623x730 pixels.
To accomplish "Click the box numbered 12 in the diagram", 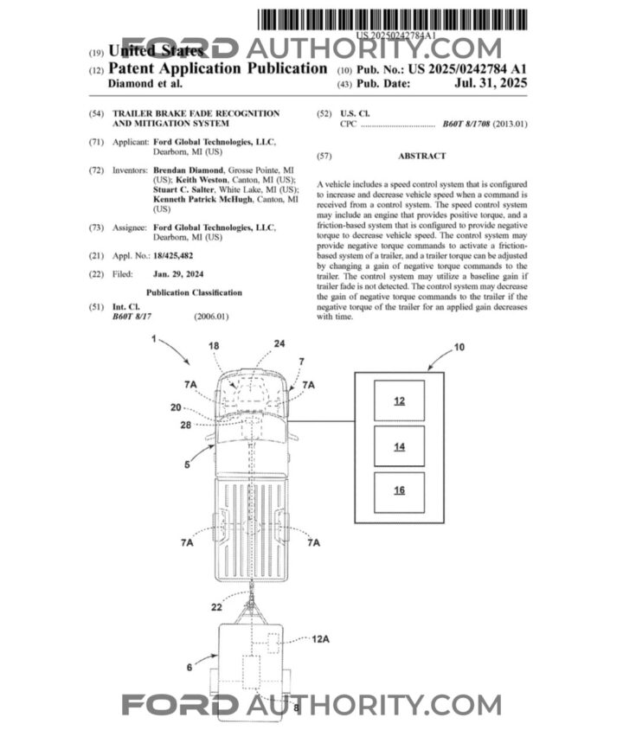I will click(399, 400).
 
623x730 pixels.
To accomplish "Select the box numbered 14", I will click(399, 446).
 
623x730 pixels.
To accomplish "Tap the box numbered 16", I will click(399, 490).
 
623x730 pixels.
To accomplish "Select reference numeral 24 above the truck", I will click(279, 343).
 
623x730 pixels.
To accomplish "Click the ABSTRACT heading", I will click(421, 157).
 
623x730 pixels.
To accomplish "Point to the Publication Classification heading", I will click(194, 292).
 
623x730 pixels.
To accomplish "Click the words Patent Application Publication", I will click(217, 68).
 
